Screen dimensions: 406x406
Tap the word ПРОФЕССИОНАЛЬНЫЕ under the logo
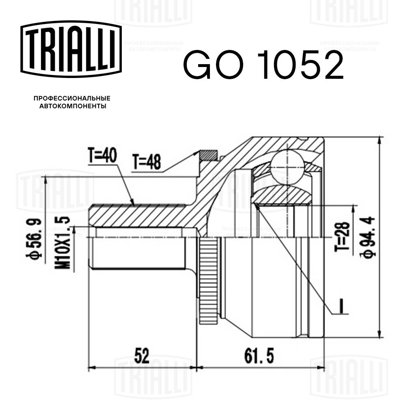[x=72, y=99]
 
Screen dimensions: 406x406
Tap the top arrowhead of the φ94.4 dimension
[x=379, y=140]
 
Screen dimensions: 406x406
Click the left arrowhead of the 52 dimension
[x=92, y=368]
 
